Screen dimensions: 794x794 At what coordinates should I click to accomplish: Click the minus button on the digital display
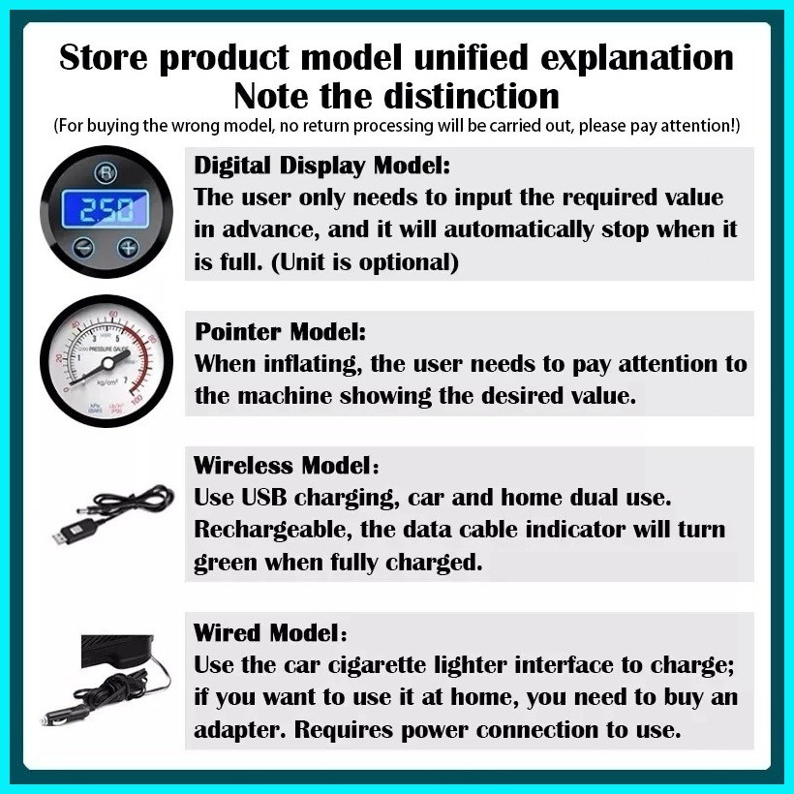coord(83,248)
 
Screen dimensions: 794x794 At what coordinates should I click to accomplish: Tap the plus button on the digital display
coord(128,248)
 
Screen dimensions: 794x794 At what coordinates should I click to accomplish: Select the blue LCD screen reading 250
coord(106,208)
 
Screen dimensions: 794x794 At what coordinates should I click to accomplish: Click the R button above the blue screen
coord(106,172)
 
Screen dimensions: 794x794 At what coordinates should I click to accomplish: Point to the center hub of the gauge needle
coord(107,362)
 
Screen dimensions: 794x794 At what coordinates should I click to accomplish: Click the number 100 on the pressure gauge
coord(137,400)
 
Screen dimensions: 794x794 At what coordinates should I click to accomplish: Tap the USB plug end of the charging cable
coord(64,534)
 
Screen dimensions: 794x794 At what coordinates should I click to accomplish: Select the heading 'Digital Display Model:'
coord(322,166)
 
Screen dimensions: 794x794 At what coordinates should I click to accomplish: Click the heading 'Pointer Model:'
coord(280,332)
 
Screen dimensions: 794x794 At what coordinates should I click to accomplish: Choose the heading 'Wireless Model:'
coord(286,466)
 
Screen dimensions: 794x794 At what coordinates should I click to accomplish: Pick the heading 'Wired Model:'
coord(270,632)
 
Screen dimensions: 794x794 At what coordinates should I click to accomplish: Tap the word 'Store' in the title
coord(104,57)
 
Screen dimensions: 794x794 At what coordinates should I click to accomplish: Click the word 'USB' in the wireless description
coord(263,498)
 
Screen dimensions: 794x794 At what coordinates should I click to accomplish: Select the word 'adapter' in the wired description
coord(240,731)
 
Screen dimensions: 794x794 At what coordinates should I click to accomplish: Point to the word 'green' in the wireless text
coord(226,564)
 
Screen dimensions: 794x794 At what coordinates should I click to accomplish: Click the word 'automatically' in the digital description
coord(519,230)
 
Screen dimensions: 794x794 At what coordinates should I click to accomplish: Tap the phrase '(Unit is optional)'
coord(365,262)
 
